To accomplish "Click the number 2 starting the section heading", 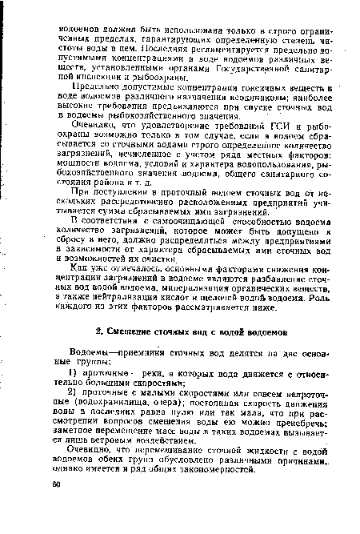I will click(x=99, y=329).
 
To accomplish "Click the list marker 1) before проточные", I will click(x=74, y=376).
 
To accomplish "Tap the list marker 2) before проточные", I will click(x=74, y=399).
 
